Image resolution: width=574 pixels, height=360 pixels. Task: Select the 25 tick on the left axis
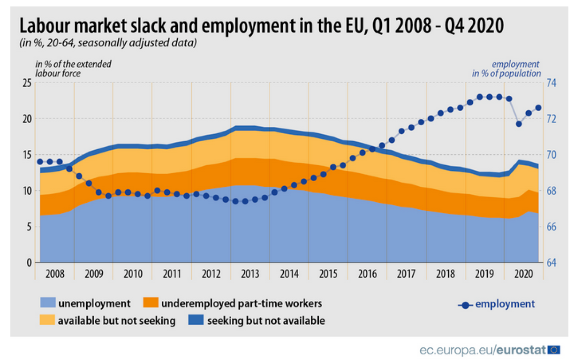(27, 83)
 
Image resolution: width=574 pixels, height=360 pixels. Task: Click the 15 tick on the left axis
(27, 155)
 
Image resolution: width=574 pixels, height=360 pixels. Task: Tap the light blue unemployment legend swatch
(47, 303)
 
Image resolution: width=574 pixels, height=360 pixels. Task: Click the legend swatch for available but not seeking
(47, 321)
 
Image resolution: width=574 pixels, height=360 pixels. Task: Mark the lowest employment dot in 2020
(519, 124)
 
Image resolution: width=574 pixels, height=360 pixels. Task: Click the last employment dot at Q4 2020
(538, 107)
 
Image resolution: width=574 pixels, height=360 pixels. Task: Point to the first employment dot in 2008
(40, 161)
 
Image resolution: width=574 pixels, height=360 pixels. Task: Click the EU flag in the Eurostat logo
(554, 349)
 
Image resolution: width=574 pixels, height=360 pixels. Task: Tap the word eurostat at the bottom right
(521, 350)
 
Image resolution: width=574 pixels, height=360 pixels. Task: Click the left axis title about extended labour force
(74, 69)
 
